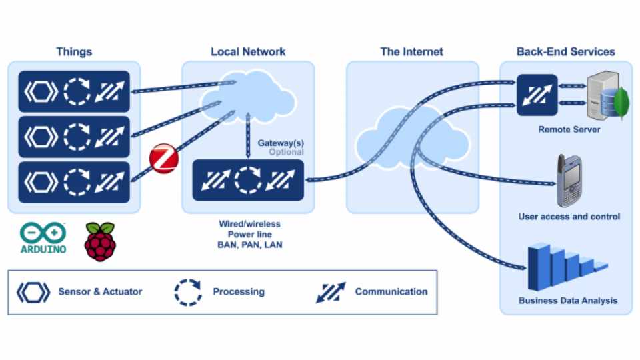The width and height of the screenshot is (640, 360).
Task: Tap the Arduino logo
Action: (43, 239)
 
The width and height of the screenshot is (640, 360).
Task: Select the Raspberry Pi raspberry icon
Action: (100, 241)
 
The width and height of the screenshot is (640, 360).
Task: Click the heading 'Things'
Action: (74, 51)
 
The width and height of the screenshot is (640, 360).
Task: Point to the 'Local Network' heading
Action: (248, 51)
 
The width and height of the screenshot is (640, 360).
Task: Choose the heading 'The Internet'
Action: (411, 51)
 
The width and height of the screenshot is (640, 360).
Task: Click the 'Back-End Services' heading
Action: (565, 51)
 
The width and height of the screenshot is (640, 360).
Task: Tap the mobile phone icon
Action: (570, 181)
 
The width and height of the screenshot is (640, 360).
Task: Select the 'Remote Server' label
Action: (569, 129)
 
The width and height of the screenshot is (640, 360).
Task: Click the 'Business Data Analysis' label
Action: (568, 301)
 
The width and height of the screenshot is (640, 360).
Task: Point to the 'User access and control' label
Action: (569, 217)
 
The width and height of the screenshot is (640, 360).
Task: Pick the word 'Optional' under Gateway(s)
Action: (286, 152)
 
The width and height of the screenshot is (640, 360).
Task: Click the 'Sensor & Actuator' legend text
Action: (100, 291)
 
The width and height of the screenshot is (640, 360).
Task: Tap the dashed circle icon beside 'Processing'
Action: (188, 291)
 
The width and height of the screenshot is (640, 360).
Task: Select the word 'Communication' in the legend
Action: (391, 291)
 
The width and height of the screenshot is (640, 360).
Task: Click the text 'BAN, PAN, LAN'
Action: (250, 245)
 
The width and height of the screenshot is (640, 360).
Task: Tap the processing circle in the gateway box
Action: (247, 180)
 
